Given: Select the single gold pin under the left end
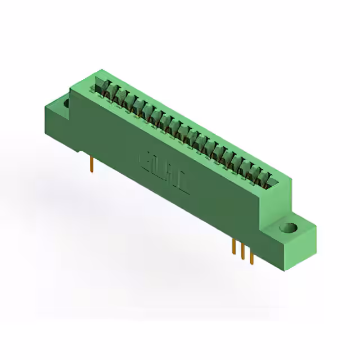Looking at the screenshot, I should (x=91, y=164).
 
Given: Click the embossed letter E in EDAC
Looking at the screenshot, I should (x=145, y=160).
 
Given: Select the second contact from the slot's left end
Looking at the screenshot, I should (x=112, y=91).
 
